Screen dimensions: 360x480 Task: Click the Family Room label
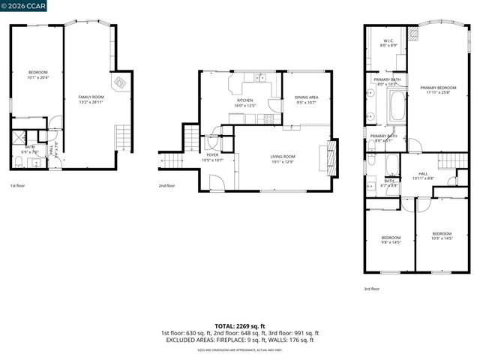[x=91, y=97]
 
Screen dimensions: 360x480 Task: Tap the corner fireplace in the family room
[x=118, y=82]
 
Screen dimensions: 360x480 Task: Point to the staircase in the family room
[x=122, y=138]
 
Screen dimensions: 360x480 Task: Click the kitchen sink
[x=259, y=76]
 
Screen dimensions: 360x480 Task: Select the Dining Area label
[x=306, y=97]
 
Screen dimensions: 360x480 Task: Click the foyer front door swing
[x=215, y=181]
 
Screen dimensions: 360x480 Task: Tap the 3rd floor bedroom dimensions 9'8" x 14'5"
[x=391, y=242]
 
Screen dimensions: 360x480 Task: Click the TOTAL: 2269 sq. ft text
[x=239, y=326]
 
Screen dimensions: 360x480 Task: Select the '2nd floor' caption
[x=166, y=185]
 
